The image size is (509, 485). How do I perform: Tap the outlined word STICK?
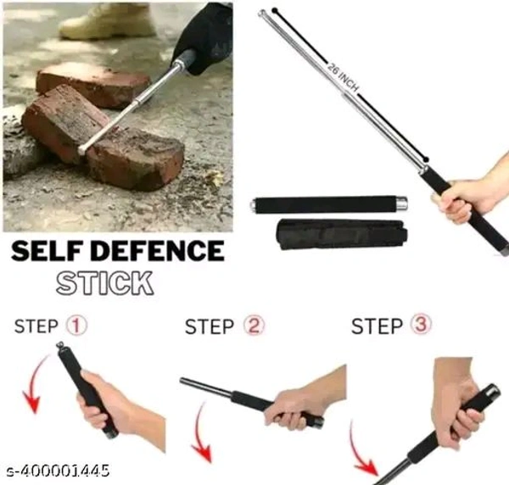104,283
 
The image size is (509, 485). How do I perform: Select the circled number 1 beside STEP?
76,326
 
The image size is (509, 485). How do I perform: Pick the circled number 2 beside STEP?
254,326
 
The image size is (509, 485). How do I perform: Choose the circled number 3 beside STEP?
421,324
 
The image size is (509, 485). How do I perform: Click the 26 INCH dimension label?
343,78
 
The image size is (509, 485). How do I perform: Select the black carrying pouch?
342,234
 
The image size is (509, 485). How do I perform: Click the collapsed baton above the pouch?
328,204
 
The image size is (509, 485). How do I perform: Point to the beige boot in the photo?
107,21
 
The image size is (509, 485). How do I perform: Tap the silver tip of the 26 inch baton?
261,14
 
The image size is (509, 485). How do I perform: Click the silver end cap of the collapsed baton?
401,204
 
